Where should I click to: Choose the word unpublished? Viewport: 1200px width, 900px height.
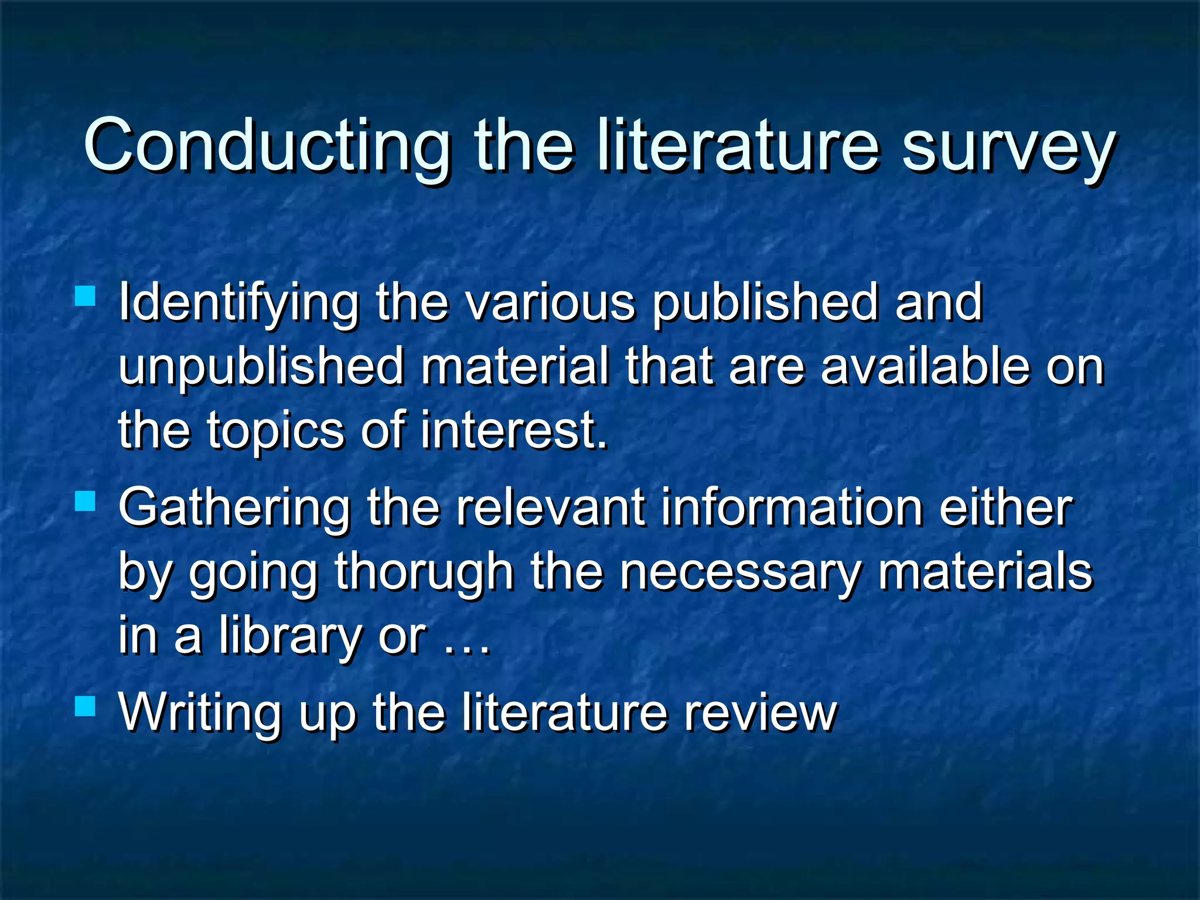(261, 368)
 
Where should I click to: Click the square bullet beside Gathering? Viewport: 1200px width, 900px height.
(86, 501)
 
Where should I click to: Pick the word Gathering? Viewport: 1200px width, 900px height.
(234, 509)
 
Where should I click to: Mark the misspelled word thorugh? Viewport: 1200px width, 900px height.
(424, 572)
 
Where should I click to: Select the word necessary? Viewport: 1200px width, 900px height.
(741, 572)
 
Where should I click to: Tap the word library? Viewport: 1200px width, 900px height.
(291, 637)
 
